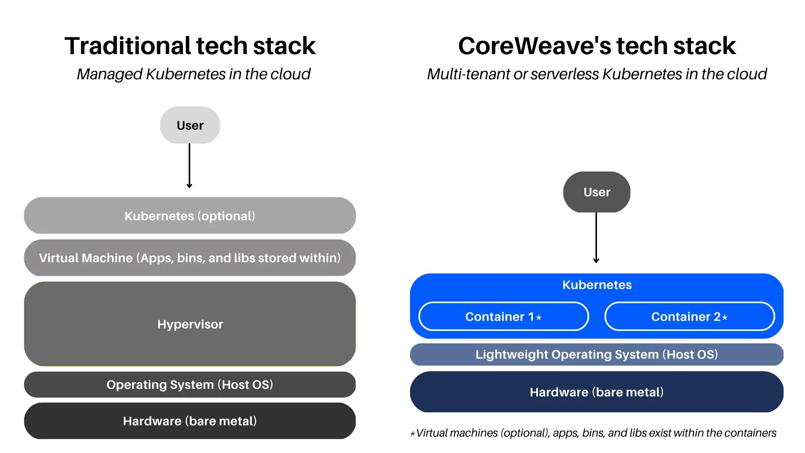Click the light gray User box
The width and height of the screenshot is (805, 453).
(190, 125)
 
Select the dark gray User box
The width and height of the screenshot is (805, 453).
(597, 192)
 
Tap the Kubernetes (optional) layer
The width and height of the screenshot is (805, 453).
(190, 216)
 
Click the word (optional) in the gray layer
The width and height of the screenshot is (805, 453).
(226, 216)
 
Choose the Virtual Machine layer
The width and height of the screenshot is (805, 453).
(190, 258)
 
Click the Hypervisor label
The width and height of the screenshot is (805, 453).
(190, 324)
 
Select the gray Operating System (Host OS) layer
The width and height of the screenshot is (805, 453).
(190, 385)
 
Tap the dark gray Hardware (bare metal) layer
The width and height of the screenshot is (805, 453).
(190, 421)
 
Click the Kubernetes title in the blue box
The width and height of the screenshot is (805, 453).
(597, 285)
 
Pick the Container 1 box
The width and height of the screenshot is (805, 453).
(503, 317)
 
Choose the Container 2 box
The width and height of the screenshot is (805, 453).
(689, 317)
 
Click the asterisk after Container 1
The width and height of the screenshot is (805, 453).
(539, 318)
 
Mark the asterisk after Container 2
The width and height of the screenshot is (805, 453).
(725, 318)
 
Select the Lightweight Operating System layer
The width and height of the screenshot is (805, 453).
(597, 354)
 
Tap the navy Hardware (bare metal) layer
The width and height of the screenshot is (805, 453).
(597, 392)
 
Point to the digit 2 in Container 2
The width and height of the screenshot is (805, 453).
(717, 317)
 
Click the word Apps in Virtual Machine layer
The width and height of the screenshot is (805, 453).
(156, 258)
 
